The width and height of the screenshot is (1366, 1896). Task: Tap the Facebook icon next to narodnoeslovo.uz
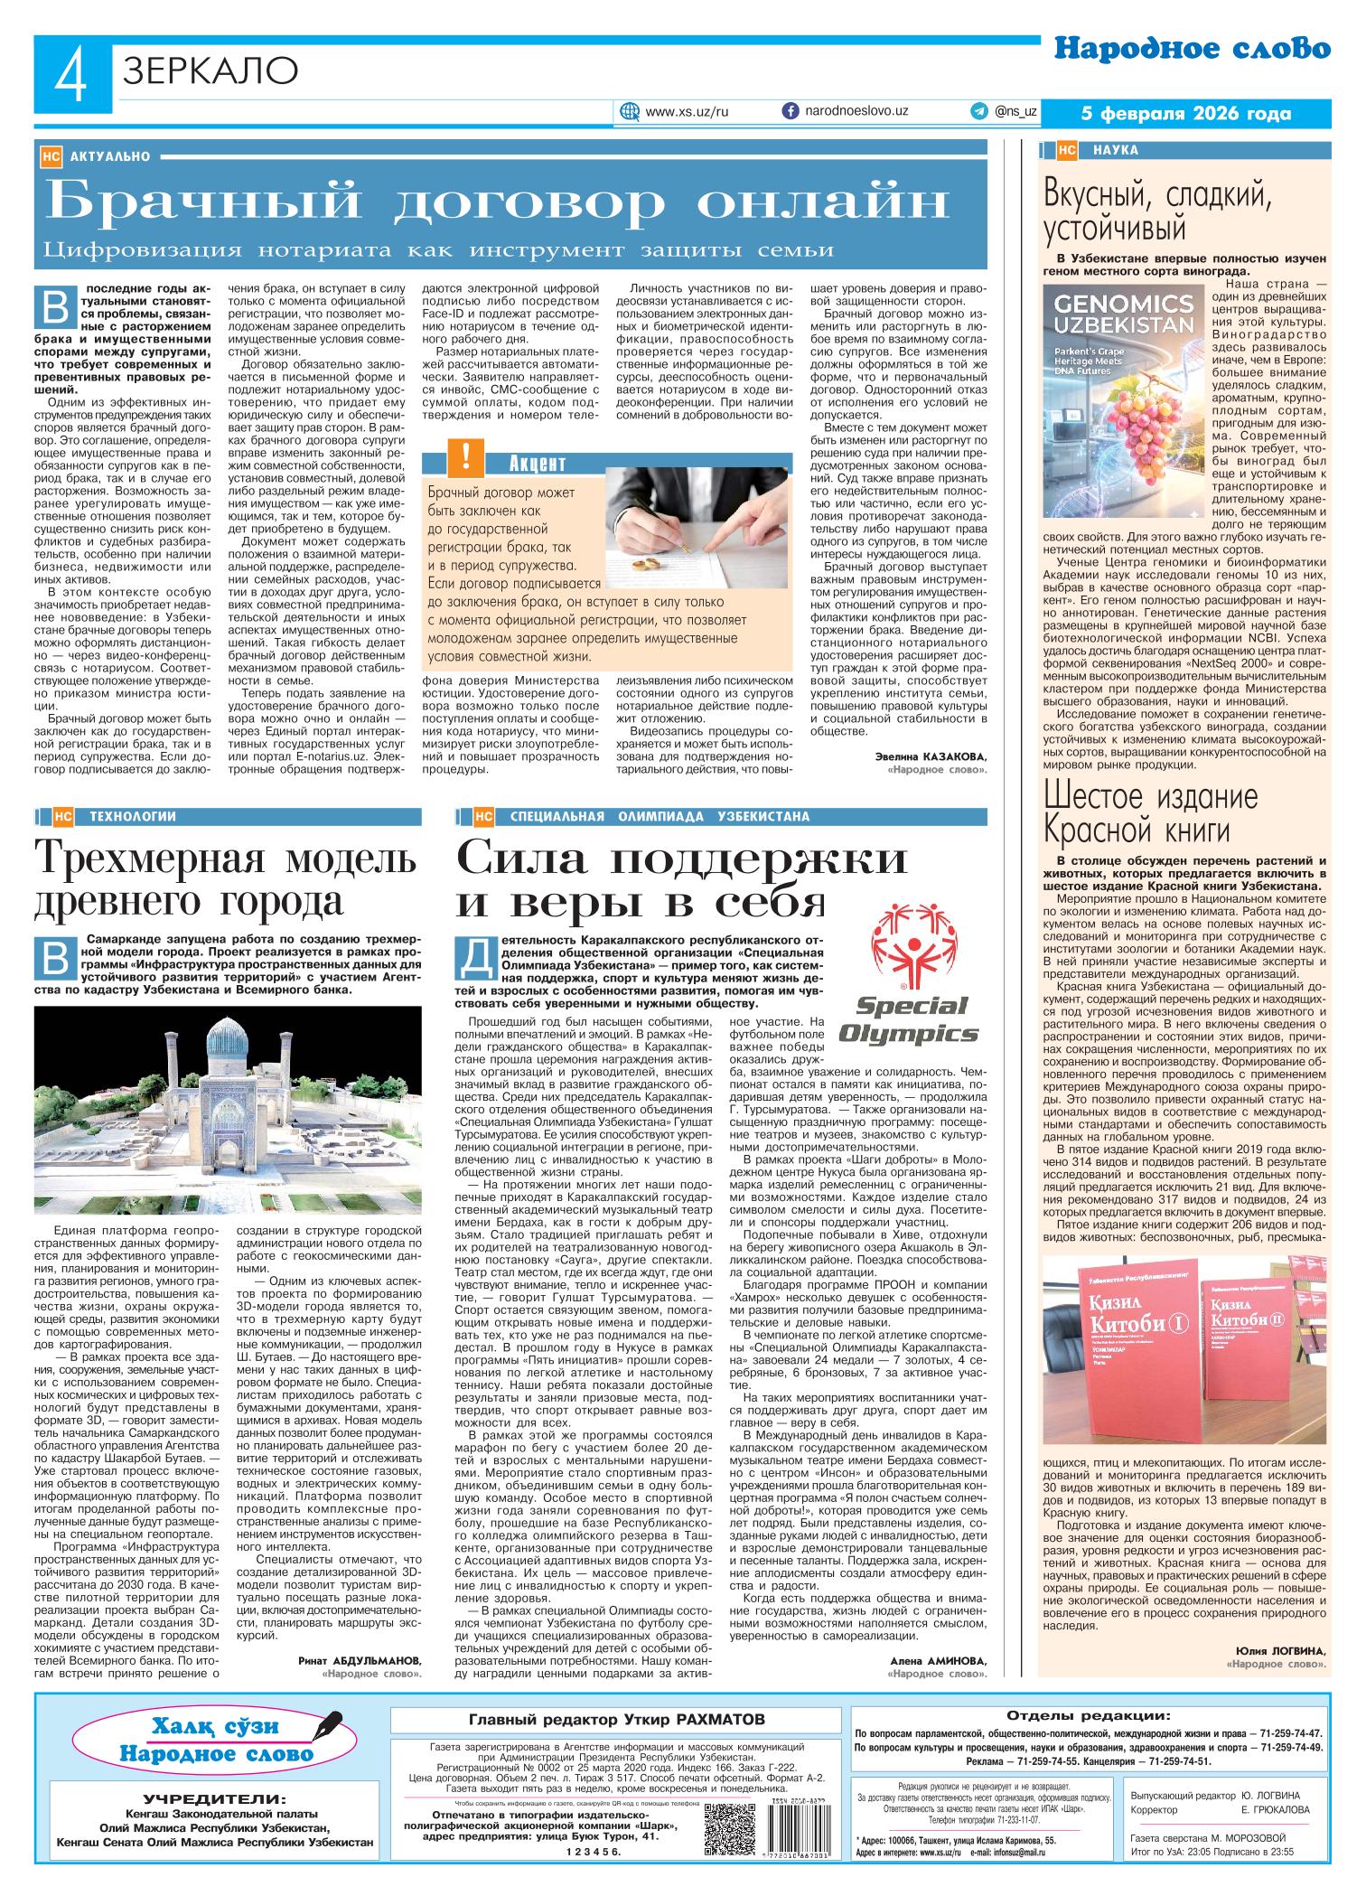[790, 110]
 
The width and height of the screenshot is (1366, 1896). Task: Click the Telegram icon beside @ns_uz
[978, 111]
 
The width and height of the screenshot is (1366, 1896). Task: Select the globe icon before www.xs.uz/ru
[629, 112]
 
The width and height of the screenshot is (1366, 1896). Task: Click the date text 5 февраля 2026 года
[1186, 114]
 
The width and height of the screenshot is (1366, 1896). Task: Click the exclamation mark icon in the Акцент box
[465, 456]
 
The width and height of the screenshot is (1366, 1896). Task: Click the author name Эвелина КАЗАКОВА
[931, 756]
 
